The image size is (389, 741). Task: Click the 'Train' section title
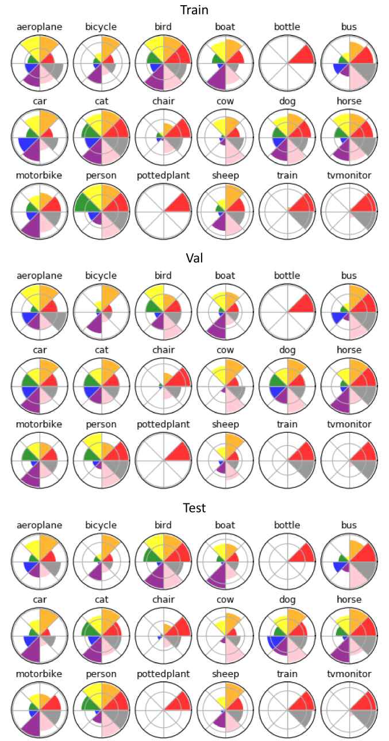click(x=194, y=10)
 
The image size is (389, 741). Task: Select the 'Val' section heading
click(x=194, y=259)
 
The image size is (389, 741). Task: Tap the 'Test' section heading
click(x=194, y=508)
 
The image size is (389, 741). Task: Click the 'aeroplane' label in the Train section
click(x=40, y=27)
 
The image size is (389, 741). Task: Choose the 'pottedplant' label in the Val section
click(x=164, y=425)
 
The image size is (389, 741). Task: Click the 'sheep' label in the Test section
click(x=226, y=674)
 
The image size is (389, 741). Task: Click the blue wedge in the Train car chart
click(x=25, y=144)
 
